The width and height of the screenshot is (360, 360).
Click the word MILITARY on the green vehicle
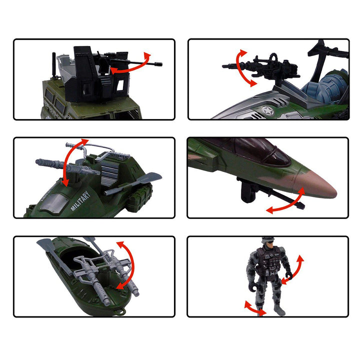(80, 201)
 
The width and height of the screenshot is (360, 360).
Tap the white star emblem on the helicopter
(267, 111)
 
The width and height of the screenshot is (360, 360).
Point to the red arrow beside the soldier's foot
(255, 308)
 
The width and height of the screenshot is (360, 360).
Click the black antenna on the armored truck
(54, 65)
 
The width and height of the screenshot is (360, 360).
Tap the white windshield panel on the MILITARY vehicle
(54, 202)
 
